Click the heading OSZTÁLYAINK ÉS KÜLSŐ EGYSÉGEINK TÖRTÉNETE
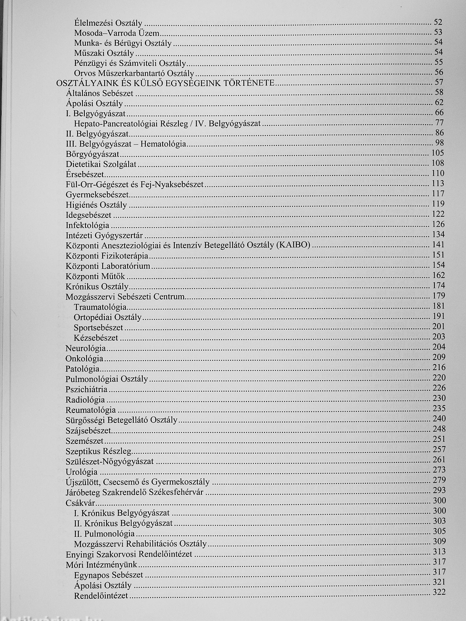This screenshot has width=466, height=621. click(x=165, y=83)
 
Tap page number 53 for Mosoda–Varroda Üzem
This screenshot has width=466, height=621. click(x=438, y=32)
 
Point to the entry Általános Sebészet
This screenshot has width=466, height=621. click(x=100, y=93)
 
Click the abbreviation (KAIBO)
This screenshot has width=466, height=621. click(x=293, y=245)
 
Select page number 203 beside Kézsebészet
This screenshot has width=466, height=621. click(x=439, y=337)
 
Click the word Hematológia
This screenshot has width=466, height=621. click(x=163, y=144)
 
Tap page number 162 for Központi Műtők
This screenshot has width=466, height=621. click(x=439, y=275)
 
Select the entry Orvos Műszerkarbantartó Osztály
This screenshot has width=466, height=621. click(x=134, y=74)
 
